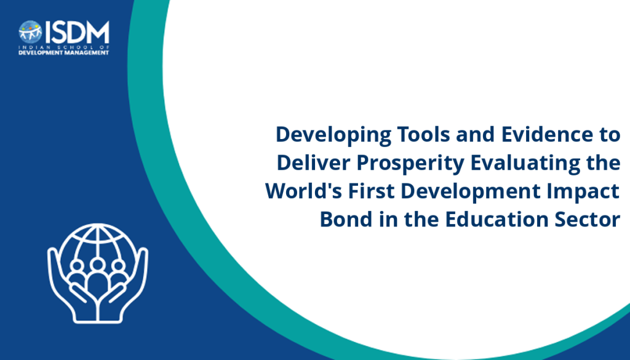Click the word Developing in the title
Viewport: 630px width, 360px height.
[x=333, y=135]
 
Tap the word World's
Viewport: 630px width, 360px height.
[x=303, y=191]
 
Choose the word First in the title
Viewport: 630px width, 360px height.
[x=371, y=191]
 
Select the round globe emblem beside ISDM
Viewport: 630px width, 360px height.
[x=30, y=32]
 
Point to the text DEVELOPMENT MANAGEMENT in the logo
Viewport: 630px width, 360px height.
[x=64, y=53]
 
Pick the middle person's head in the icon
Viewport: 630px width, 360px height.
[x=97, y=265]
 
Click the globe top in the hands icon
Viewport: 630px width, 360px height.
[x=98, y=233]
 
